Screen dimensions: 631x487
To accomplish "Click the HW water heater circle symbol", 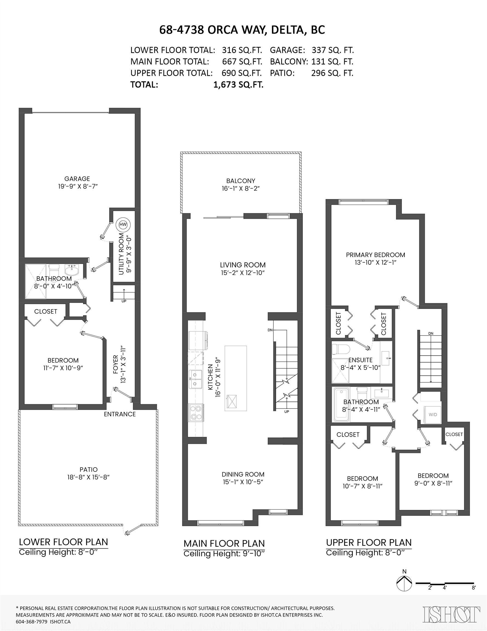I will [x=123, y=225].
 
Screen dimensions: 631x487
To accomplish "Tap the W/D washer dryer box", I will [x=433, y=414].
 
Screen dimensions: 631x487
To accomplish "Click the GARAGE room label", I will [x=77, y=179].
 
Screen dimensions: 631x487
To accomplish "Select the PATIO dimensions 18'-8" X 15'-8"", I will [x=89, y=477].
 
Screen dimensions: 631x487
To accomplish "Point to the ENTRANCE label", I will [x=120, y=414].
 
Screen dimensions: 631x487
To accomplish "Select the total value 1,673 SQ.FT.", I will [x=238, y=85].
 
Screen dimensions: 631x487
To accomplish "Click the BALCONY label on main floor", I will [x=240, y=181].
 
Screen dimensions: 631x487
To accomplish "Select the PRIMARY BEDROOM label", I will [x=375, y=255].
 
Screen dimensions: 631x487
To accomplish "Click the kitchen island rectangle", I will [x=236, y=378].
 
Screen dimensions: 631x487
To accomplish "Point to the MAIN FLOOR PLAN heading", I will [x=224, y=543].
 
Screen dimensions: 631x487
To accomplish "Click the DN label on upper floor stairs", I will [x=431, y=333].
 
